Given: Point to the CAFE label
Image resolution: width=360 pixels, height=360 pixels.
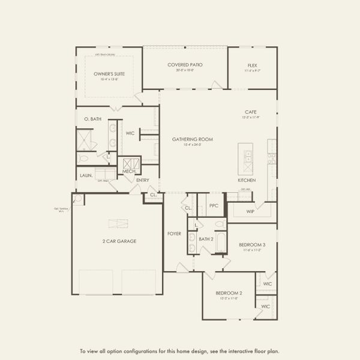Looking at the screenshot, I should [251, 112].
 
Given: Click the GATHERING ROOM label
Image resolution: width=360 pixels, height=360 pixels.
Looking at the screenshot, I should [193, 139].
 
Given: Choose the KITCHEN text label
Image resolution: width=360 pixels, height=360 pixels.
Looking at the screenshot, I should [247, 180].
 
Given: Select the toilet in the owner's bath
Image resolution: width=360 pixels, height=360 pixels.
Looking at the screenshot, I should [83, 158].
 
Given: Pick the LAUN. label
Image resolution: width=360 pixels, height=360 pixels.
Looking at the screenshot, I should [86, 175].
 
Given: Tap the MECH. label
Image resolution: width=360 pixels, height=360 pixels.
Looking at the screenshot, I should [129, 172].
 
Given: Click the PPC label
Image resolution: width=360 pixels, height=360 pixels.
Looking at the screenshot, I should [214, 205].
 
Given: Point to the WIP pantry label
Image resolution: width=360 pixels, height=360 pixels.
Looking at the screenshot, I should [251, 211].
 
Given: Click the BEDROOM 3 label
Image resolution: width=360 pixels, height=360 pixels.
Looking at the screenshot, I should [253, 245].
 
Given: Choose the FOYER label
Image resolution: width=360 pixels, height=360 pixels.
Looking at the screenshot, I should [174, 234].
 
